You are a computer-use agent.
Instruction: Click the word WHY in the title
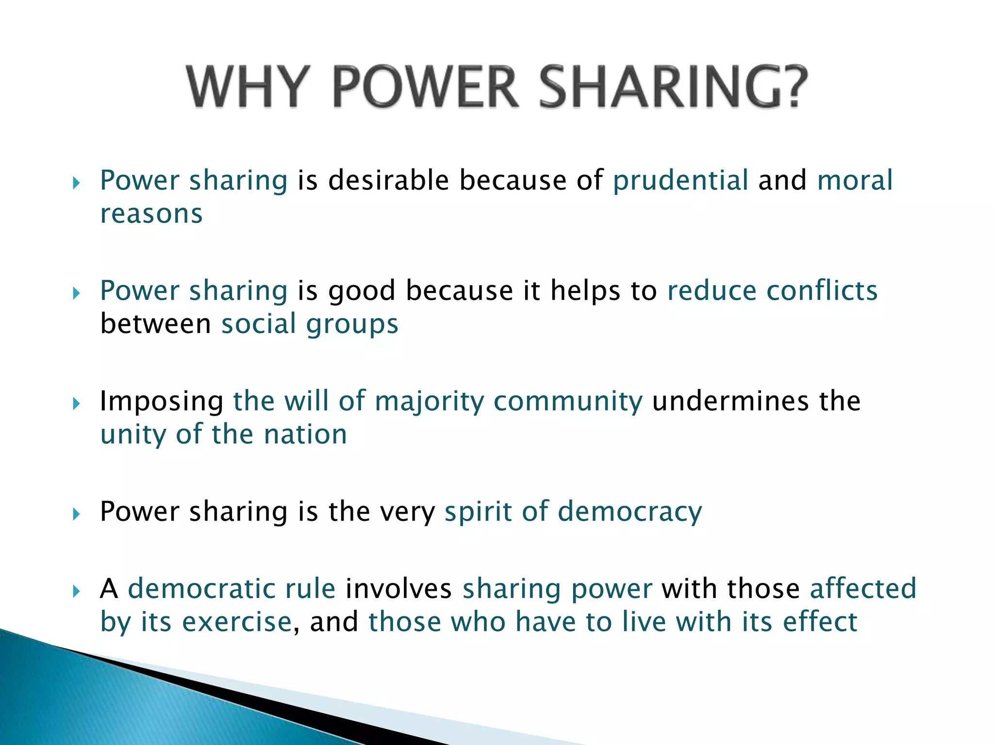click(x=248, y=87)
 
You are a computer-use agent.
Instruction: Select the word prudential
click(x=680, y=180)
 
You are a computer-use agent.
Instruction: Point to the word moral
click(x=855, y=180)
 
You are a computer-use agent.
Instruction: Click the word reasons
click(x=151, y=214)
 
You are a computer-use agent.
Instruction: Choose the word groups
click(x=352, y=324)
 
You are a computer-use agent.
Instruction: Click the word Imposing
click(x=162, y=402)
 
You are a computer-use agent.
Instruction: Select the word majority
click(x=429, y=402)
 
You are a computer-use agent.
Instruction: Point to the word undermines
click(x=730, y=402)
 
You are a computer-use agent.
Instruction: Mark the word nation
click(x=305, y=434)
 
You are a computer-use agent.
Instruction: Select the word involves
click(x=398, y=589)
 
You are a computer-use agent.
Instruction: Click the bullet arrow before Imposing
click(x=76, y=404)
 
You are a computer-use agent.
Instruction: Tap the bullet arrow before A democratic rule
click(x=76, y=591)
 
